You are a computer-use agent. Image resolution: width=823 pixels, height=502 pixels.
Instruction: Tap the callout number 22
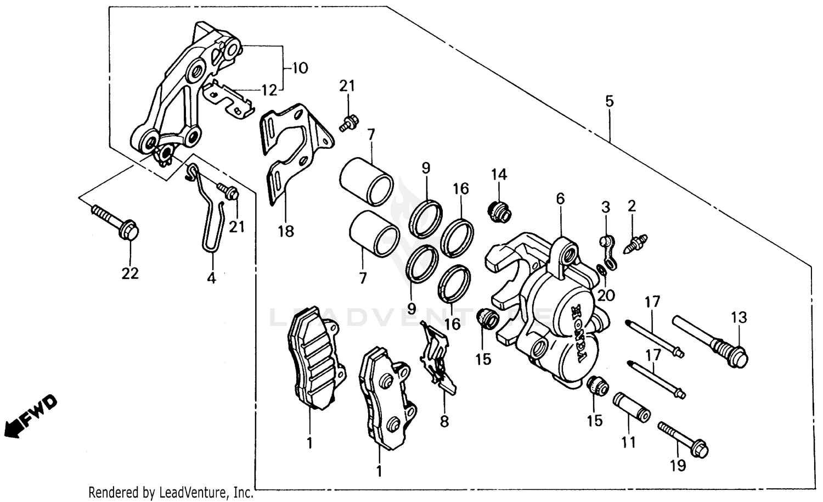(130, 273)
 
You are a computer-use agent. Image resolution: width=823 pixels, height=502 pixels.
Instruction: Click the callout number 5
(610, 101)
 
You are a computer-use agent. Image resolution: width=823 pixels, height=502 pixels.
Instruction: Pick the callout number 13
(739, 317)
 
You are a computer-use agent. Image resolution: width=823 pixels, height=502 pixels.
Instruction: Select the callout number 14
(499, 175)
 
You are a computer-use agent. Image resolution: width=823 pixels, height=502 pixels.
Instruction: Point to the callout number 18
(285, 231)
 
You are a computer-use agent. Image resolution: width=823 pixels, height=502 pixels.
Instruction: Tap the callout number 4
(211, 278)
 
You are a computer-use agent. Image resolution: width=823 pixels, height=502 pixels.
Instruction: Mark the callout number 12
(269, 90)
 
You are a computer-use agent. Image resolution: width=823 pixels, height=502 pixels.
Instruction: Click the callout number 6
(560, 199)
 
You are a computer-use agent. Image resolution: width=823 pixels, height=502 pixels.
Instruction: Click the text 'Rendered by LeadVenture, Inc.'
(171, 493)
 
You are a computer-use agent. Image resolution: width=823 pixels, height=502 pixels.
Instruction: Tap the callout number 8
(444, 421)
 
